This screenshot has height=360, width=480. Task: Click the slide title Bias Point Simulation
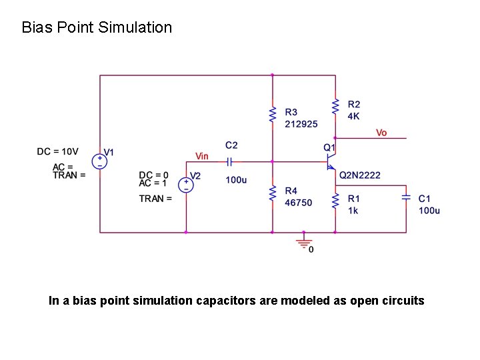[x=97, y=27]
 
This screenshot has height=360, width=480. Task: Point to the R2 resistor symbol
[x=335, y=105]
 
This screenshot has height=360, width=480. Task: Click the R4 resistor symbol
[x=272, y=194]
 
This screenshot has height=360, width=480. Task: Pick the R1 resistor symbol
[x=335, y=200]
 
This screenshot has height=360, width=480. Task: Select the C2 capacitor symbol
[x=229, y=161]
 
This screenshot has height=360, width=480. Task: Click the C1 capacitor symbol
[x=406, y=197]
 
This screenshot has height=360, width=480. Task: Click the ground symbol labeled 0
[x=304, y=240]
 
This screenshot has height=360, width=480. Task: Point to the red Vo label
[x=381, y=133]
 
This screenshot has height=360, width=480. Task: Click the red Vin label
[x=201, y=156]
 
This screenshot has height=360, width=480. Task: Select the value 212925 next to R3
[x=301, y=123]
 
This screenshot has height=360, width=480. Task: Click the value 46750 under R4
[x=298, y=203]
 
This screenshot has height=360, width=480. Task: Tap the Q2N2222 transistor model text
[x=360, y=175]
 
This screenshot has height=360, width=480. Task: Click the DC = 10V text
[x=57, y=151]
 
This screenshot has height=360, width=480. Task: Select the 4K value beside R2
[x=353, y=115]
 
